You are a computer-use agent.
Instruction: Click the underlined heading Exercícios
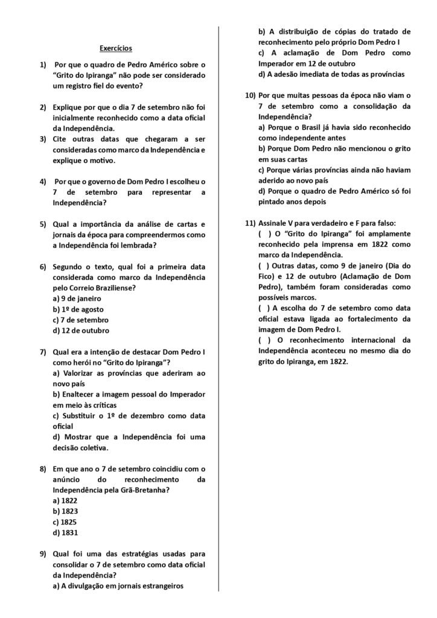point(115,48)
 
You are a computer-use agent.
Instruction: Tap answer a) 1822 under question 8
point(65,500)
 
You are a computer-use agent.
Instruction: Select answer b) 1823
point(65,511)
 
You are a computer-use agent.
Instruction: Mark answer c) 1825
point(65,522)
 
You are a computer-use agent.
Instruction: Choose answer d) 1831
point(65,533)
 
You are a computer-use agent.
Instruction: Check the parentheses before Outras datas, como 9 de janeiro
point(264,266)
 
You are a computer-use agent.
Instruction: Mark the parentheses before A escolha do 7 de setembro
point(264,308)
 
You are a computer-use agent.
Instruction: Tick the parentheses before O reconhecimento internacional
point(264,340)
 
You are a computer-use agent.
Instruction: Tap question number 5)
point(43,224)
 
